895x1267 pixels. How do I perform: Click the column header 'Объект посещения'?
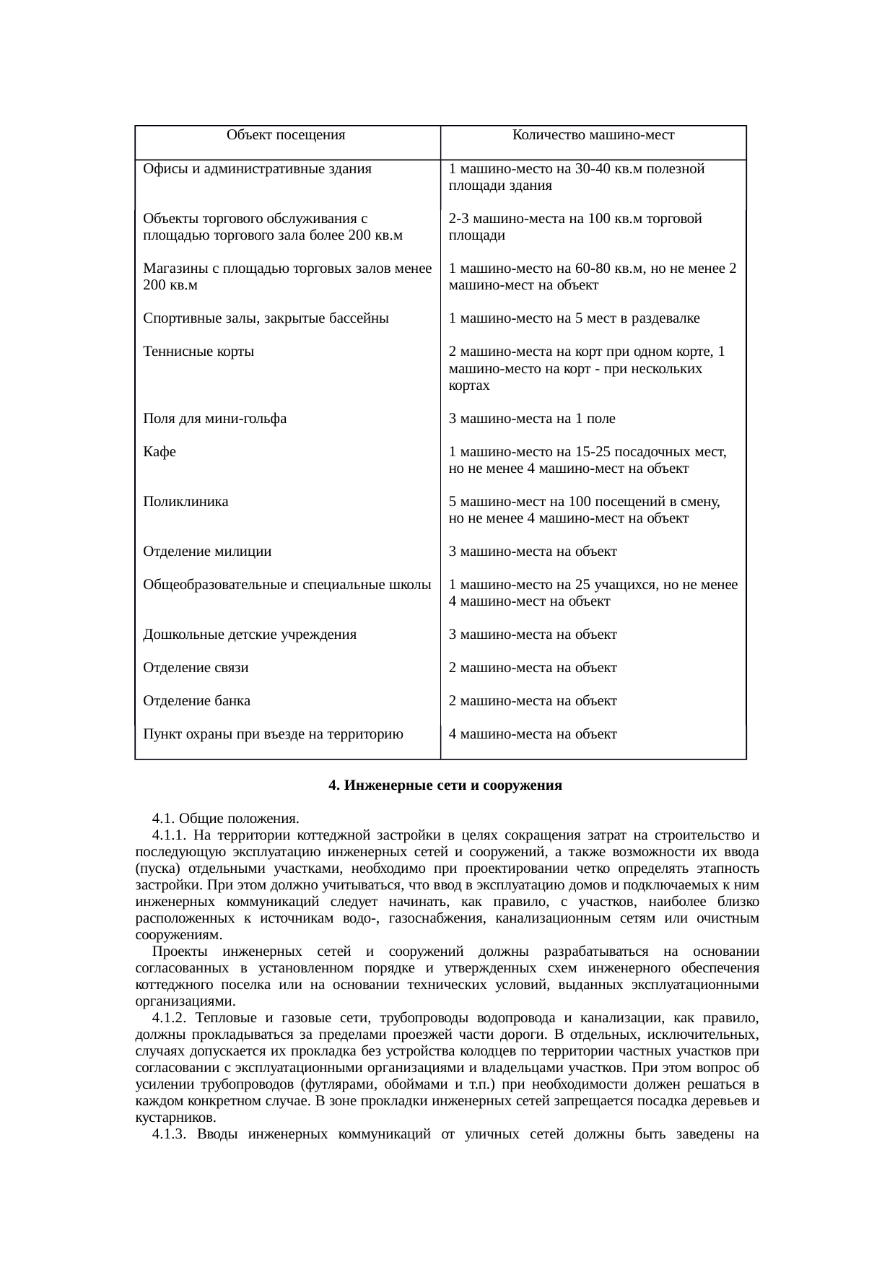click(285, 135)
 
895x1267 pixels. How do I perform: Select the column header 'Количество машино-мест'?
click(593, 135)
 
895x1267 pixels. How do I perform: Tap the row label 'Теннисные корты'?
click(198, 352)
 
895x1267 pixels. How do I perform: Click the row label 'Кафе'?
click(160, 452)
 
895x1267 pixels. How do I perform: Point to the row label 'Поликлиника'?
click(185, 502)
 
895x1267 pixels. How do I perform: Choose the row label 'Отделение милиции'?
click(207, 552)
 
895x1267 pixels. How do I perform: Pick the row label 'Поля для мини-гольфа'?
click(214, 419)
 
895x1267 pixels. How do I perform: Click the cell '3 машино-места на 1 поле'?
click(531, 419)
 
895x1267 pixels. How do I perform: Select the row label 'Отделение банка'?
click(196, 701)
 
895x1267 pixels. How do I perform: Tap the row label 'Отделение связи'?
click(196, 668)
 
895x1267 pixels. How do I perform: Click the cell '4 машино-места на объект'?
click(532, 734)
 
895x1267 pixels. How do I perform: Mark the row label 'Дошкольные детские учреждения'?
click(250, 635)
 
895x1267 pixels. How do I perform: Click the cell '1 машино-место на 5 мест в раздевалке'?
click(574, 318)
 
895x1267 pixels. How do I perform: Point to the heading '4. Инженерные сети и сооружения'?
click(445, 785)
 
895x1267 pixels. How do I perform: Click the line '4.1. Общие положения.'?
click(225, 819)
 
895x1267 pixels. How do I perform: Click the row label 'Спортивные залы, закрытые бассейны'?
click(266, 318)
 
